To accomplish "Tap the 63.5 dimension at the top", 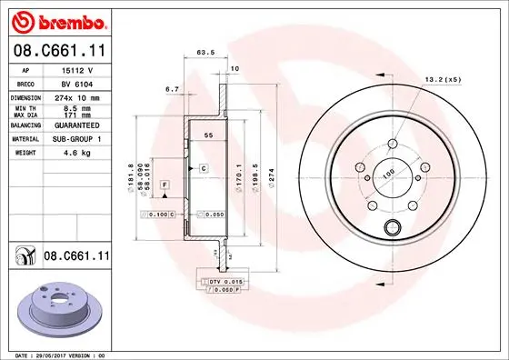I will [205, 53].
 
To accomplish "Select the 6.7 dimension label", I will [172, 89].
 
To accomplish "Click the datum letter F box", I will [164, 185].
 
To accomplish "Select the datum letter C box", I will [204, 169].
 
